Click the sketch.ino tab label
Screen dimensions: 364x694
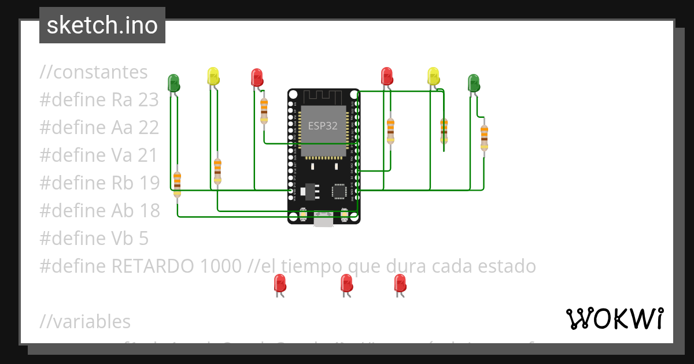click(102, 25)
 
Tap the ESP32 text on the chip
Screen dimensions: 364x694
click(323, 125)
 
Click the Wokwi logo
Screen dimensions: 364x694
click(614, 318)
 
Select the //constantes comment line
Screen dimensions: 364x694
click(94, 72)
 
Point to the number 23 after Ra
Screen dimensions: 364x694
click(149, 100)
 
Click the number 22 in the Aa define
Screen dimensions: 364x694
click(149, 128)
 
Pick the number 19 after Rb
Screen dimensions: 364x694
click(149, 183)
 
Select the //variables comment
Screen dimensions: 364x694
click(85, 322)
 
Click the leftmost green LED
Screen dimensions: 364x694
click(173, 83)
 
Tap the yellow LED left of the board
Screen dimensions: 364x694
click(213, 76)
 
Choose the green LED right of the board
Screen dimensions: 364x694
click(474, 83)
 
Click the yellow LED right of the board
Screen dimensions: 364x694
click(433, 76)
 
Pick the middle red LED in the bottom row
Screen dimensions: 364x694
click(346, 283)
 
